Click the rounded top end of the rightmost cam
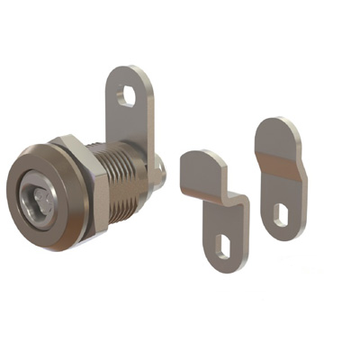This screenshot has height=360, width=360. tap(277, 129)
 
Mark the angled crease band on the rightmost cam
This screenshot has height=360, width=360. tap(280, 167)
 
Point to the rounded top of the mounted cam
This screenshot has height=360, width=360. tap(131, 72)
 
